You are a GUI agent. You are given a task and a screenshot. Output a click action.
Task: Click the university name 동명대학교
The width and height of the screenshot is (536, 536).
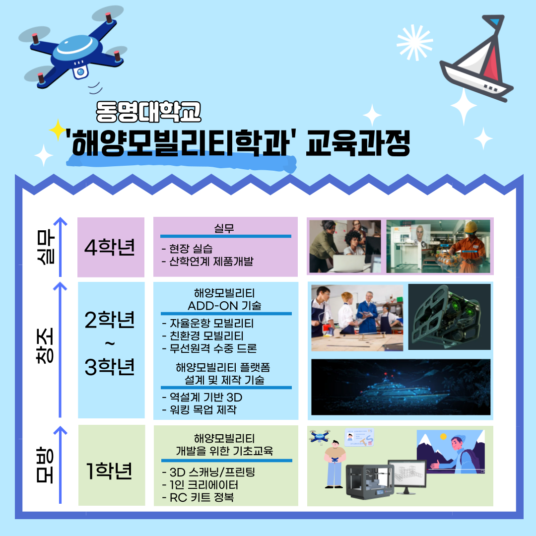tap(148, 111)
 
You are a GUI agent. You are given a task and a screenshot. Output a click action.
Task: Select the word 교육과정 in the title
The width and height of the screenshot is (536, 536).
tap(358, 145)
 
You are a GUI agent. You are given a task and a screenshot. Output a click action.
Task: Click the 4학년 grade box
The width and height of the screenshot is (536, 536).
tap(110, 247)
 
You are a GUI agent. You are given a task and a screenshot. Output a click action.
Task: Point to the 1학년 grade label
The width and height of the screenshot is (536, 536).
tap(110, 470)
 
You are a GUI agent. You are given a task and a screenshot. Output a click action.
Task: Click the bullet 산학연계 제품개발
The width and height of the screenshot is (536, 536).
tap(207, 261)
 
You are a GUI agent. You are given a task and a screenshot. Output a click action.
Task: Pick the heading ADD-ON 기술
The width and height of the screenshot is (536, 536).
tap(224, 305)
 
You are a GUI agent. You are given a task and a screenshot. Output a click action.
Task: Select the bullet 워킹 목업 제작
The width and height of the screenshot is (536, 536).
tap(199, 409)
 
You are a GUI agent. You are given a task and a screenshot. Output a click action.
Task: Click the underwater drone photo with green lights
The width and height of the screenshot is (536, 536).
tap(449, 317)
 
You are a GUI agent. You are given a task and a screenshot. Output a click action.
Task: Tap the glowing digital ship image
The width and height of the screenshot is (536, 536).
tap(400, 387)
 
